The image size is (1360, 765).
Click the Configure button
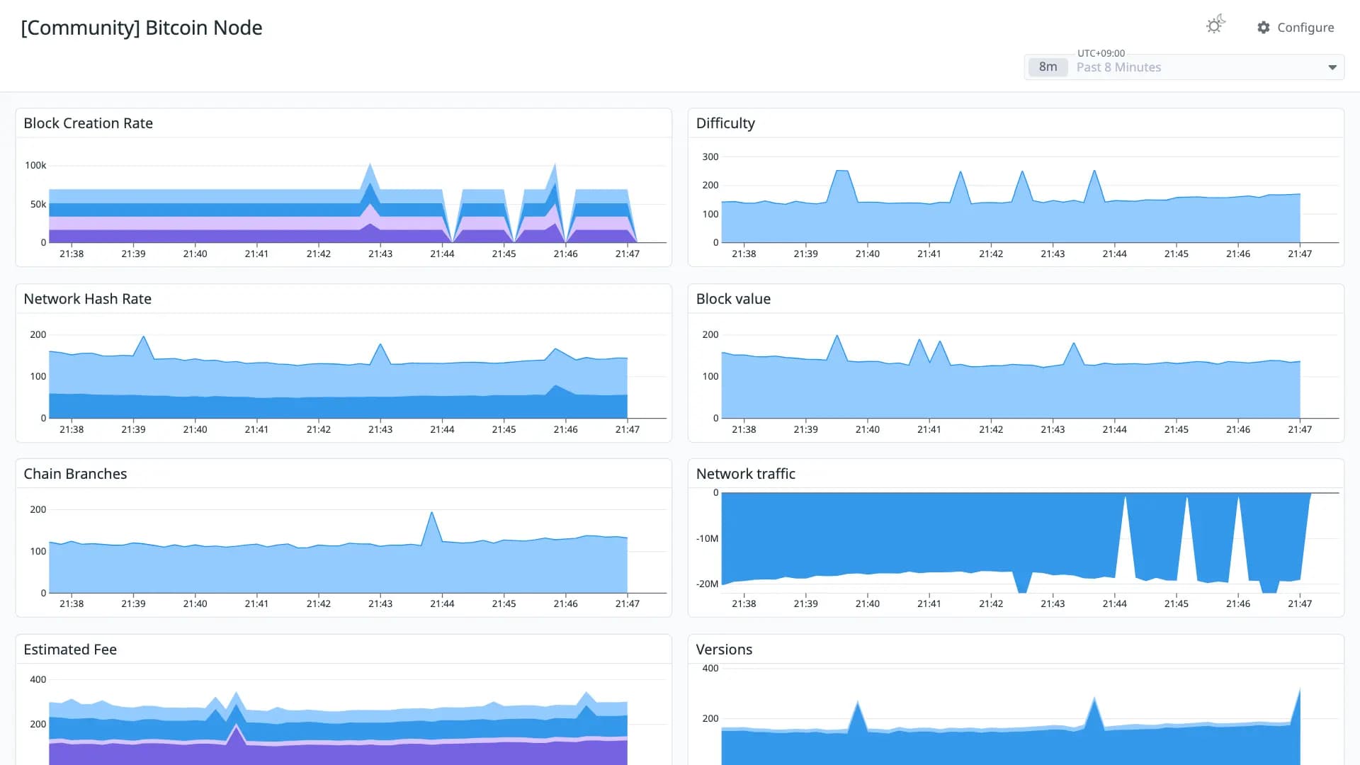1296,28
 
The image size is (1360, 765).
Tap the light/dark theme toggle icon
1215,25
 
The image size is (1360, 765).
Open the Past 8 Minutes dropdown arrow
1332,67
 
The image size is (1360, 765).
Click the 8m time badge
1048,67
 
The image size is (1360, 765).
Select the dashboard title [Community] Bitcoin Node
142,28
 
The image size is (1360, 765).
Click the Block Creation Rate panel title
89,123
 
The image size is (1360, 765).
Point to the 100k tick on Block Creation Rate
35,165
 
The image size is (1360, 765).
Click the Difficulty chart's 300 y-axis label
710,157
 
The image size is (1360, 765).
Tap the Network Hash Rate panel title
88,299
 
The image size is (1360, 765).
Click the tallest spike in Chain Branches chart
431,512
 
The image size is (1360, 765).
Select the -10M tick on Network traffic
707,538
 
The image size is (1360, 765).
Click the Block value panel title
733,299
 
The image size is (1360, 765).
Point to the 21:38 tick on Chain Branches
72,603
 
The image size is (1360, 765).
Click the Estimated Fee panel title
70,650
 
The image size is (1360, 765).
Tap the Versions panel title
724,650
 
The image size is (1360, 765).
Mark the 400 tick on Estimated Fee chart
38,679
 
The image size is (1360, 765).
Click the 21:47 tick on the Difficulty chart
1300,254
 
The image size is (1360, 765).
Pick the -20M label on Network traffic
707,584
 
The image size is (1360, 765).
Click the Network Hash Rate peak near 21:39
144,337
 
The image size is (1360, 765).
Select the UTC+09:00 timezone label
1101,53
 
